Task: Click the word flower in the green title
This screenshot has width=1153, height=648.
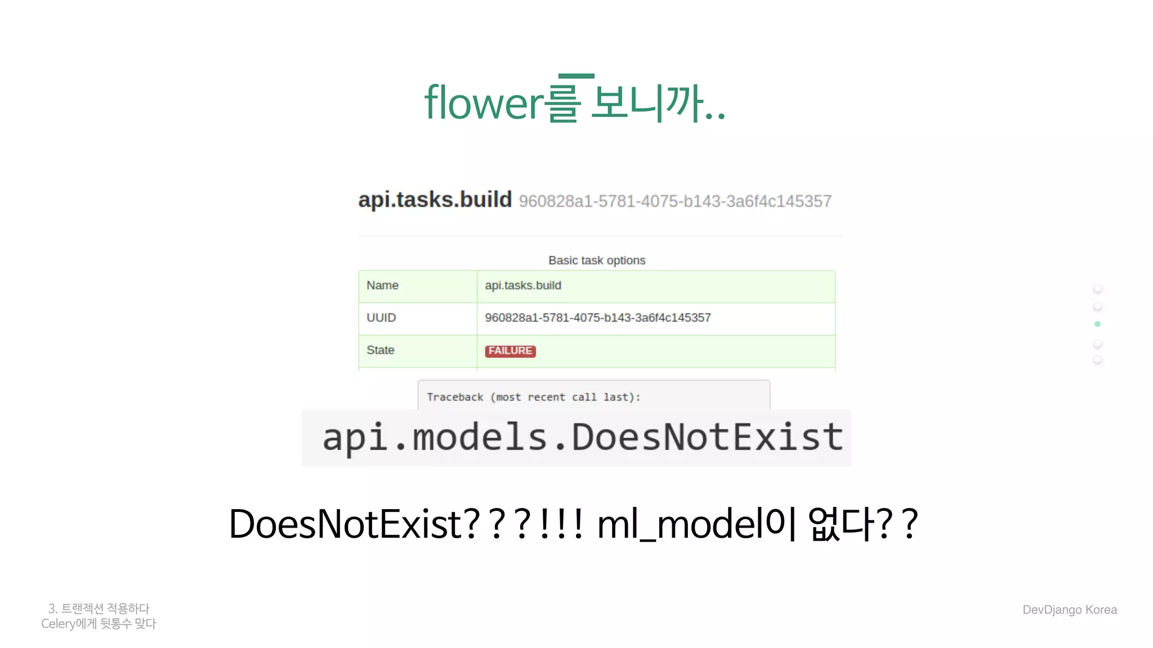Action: tap(484, 103)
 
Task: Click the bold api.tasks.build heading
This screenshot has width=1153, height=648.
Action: tap(435, 200)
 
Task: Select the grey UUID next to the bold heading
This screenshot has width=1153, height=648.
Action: tap(674, 201)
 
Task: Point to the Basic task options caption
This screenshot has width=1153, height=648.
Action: tap(597, 260)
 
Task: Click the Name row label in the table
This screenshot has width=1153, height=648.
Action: tap(382, 286)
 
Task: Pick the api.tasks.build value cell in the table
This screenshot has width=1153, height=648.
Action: tap(523, 286)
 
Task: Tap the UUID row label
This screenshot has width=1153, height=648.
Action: tap(381, 318)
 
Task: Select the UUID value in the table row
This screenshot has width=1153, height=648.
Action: tap(597, 318)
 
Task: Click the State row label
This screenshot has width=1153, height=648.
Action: tap(380, 350)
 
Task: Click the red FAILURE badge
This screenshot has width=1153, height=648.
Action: tap(510, 351)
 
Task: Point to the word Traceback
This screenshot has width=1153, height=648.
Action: tap(455, 397)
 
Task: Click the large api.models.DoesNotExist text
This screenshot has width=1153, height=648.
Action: tap(582, 438)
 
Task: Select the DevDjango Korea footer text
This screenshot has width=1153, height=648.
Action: tap(1069, 610)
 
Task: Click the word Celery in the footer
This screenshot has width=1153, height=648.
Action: tap(58, 624)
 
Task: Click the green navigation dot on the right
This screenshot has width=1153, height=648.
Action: tap(1097, 324)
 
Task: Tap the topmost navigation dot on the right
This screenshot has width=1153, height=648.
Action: tap(1097, 289)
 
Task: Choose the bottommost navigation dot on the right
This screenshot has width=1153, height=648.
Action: tap(1097, 360)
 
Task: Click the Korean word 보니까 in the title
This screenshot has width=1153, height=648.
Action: tap(647, 103)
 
